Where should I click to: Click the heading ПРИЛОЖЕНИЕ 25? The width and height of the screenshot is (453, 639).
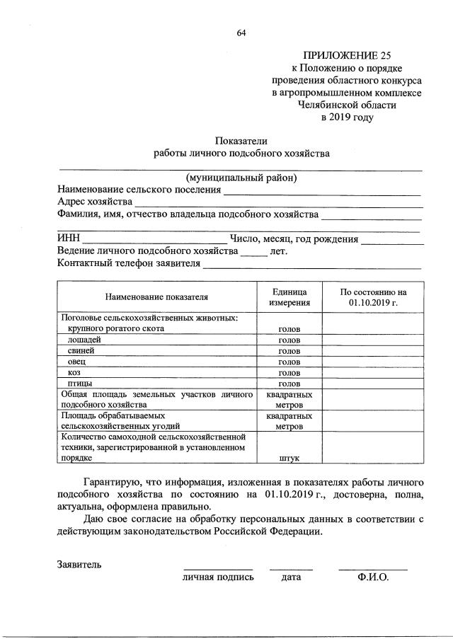[x=347, y=54]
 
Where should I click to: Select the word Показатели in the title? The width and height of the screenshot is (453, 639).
[x=241, y=140]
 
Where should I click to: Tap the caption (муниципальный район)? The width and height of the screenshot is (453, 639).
[x=241, y=177]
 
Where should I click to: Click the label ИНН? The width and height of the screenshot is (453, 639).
[x=69, y=238]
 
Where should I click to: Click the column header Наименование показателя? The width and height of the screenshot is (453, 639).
[x=157, y=297]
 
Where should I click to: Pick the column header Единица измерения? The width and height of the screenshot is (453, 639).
[x=289, y=297]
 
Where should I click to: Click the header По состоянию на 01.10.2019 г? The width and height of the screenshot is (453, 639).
[x=373, y=297]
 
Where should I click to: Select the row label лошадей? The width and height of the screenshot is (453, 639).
[x=84, y=340]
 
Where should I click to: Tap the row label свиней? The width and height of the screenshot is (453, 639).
[x=80, y=350]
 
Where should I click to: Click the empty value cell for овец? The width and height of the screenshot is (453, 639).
[x=373, y=362]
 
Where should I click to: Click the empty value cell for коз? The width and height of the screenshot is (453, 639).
[x=373, y=372]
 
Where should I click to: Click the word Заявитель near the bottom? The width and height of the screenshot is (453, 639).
[x=79, y=564]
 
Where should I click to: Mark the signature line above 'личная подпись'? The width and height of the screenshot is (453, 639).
[x=218, y=568]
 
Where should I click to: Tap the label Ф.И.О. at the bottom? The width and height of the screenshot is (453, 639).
[x=373, y=577]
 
